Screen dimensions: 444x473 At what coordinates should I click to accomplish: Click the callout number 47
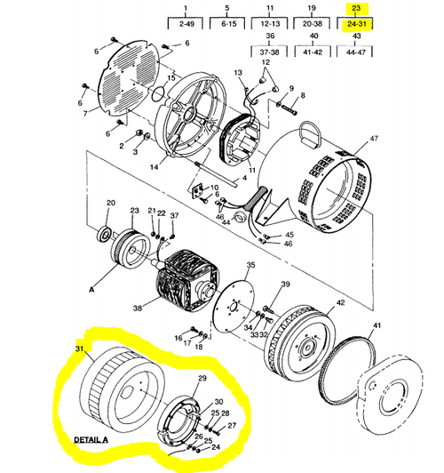tap(374, 139)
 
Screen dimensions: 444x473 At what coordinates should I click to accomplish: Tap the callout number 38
tap(138, 308)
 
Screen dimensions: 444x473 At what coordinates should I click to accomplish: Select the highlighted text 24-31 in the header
tap(356, 24)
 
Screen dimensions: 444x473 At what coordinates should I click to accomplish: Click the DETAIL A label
tap(91, 439)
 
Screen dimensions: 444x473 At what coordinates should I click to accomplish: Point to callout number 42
tap(340, 302)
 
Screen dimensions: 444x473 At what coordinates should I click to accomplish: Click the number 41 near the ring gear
tap(377, 325)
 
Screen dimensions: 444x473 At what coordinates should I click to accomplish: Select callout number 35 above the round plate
tap(250, 265)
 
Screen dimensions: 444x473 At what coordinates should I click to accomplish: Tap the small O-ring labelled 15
tap(158, 94)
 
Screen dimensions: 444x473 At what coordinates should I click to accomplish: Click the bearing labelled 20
tap(105, 235)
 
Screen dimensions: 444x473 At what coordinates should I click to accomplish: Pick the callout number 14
tap(154, 166)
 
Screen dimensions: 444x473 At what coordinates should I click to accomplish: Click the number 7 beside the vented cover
tap(85, 114)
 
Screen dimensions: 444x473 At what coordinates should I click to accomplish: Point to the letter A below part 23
tap(91, 289)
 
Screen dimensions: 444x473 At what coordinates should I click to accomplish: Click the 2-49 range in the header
tap(186, 24)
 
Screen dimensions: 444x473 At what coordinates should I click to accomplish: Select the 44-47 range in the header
tap(356, 52)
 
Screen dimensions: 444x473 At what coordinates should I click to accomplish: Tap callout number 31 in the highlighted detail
tap(79, 349)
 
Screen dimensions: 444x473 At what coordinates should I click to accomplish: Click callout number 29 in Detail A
tap(202, 378)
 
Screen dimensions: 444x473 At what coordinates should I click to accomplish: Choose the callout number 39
tap(285, 284)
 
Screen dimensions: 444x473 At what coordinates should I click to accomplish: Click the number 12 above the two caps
tap(266, 62)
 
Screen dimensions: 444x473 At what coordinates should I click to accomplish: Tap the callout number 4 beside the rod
tap(244, 178)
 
